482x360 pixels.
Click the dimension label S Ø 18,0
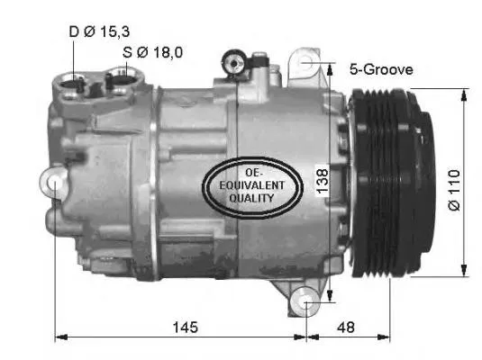point(153,52)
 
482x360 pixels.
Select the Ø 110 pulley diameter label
point(454,190)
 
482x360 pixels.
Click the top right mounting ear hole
point(309,64)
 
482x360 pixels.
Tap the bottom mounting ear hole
point(308,304)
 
